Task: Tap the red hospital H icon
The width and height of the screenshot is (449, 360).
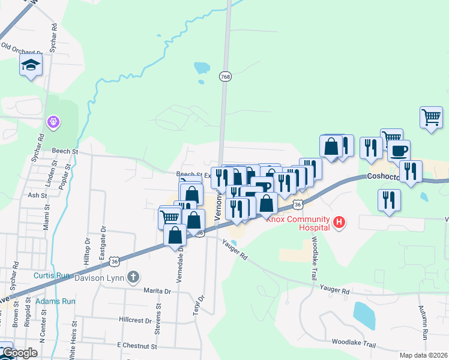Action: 339,223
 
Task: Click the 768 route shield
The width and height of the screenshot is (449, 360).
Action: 225,77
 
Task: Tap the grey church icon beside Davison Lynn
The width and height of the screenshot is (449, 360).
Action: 133,277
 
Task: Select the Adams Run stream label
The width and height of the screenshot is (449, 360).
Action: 55,301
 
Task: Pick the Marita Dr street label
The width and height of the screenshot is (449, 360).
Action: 157,291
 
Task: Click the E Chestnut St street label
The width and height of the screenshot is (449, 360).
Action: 137,346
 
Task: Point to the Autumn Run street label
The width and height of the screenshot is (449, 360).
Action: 423,323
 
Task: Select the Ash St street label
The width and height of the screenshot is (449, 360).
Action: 37,196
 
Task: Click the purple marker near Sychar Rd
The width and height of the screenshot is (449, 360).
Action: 53,122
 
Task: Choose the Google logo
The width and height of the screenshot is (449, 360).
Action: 20,353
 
